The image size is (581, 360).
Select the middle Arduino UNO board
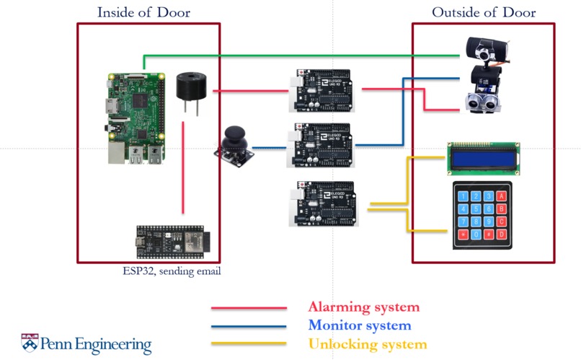click(321, 144)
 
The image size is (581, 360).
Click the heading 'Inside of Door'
click(148, 12)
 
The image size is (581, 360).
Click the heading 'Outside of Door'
click(484, 12)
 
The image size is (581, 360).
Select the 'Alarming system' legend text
click(363, 307)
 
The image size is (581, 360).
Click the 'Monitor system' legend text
click(359, 326)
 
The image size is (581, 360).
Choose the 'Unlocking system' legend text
click(368, 345)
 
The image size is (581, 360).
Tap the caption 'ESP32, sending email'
click(172, 272)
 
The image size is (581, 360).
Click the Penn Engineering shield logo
click(30, 343)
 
